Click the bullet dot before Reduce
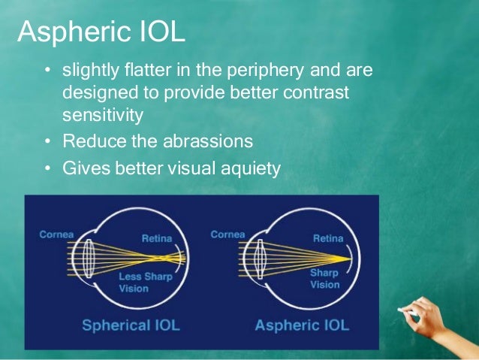pyautogui.click(x=47, y=141)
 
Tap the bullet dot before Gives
pyautogui.click(x=47, y=168)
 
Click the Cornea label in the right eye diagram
pyautogui.click(x=228, y=234)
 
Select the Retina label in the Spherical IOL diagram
pyautogui.click(x=156, y=238)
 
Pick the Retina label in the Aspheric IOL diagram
pyautogui.click(x=327, y=238)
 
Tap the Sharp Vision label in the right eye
pyautogui.click(x=325, y=279)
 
